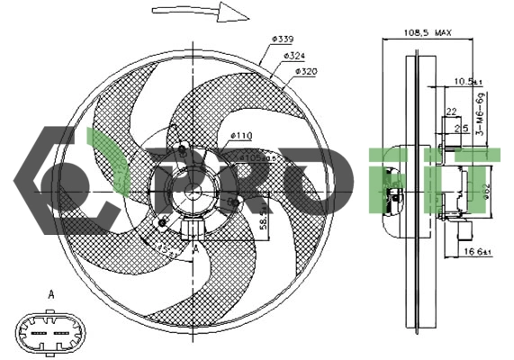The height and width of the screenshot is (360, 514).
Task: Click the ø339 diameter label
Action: coord(281,40)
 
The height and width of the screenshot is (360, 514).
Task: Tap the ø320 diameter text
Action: coord(305,71)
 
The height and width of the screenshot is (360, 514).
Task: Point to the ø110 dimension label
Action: coord(241,136)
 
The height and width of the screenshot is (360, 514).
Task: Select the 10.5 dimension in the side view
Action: coord(468,81)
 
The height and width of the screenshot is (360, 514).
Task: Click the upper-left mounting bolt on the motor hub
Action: coord(184,149)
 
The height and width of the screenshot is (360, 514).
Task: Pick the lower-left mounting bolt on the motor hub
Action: coord(162,221)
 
